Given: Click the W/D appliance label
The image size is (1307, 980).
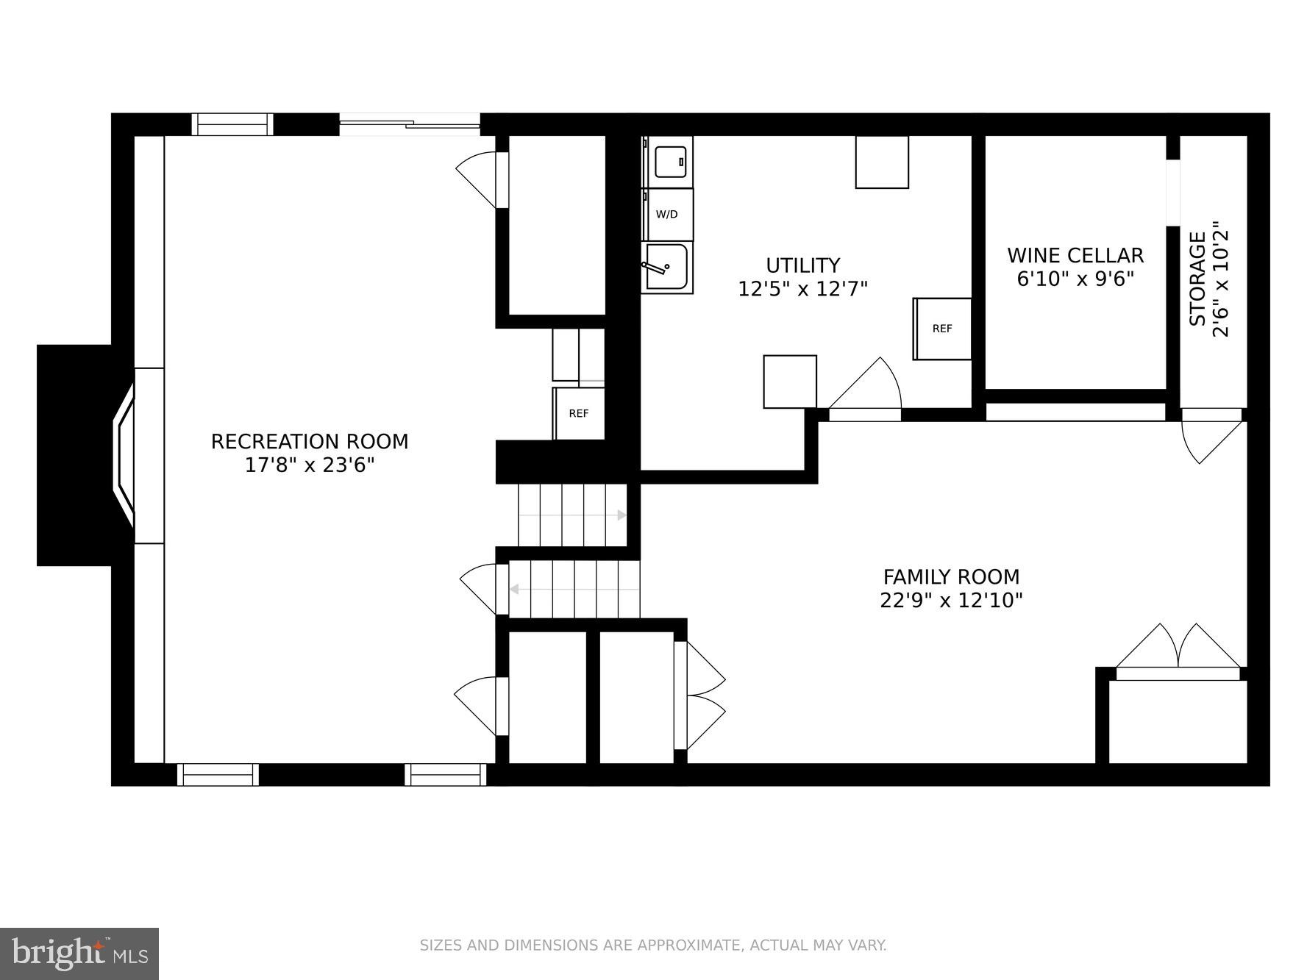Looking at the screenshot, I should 666,215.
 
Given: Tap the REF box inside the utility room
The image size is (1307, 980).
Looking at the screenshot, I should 942,329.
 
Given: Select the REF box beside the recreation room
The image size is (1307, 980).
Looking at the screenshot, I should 579,413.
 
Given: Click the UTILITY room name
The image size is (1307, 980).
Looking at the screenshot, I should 802,265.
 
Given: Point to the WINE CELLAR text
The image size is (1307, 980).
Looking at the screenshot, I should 1075,256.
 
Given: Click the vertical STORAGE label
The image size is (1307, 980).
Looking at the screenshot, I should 1198,279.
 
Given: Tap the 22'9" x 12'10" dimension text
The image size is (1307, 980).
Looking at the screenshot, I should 951,601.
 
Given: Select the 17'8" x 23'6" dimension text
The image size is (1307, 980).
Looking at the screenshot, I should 310,465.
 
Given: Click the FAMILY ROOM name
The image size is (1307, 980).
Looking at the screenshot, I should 951,577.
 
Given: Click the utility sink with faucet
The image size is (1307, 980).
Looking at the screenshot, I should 666,268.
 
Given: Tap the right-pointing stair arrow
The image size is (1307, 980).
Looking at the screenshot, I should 622,515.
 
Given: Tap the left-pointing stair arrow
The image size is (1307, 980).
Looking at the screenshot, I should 514,589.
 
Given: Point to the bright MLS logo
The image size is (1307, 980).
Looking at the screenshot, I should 79,954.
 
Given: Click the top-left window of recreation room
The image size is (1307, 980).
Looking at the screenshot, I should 232,125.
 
